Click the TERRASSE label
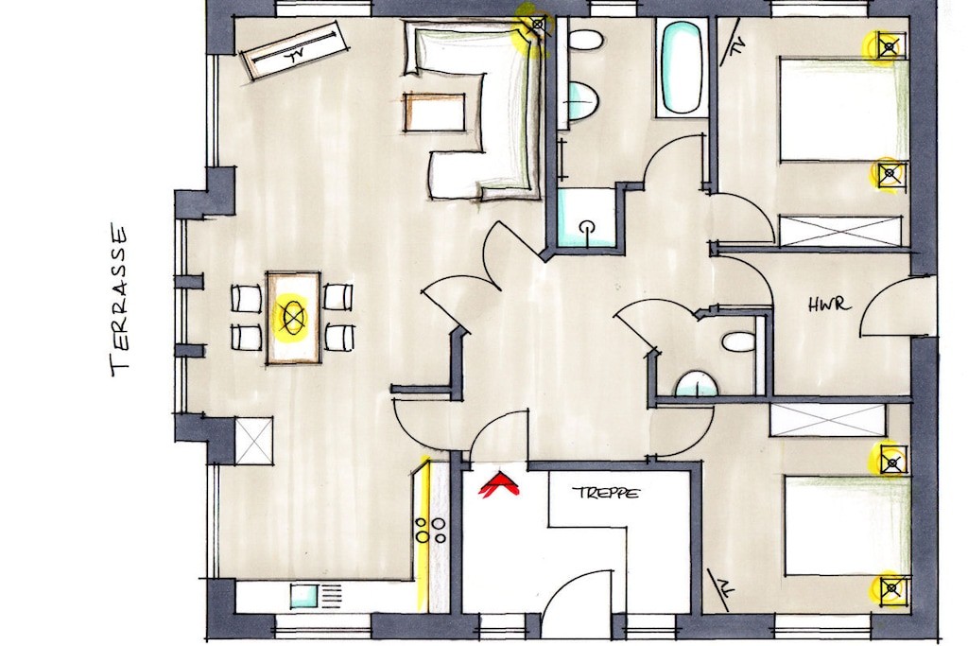(x=120, y=300)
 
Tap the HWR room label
(x=830, y=305)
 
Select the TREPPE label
(x=606, y=493)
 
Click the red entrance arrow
(x=499, y=483)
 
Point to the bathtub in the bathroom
(x=681, y=67)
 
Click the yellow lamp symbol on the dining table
(x=293, y=316)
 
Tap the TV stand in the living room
(x=295, y=51)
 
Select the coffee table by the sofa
(x=434, y=113)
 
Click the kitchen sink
(x=304, y=597)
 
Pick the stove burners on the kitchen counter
(x=430, y=531)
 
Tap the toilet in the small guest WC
(x=739, y=341)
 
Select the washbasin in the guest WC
(x=697, y=384)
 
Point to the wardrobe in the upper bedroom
(x=840, y=231)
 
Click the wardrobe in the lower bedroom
(x=827, y=420)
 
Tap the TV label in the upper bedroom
(x=735, y=45)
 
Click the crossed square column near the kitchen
(x=253, y=441)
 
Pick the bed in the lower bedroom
(x=847, y=525)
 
